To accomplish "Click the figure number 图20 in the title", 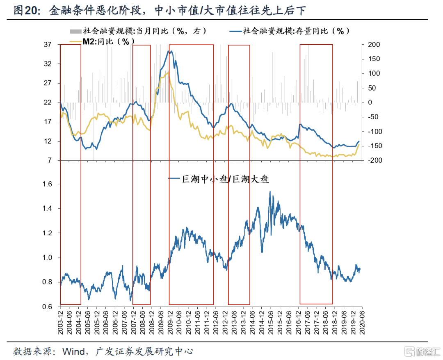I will click(25, 11).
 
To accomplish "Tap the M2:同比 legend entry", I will click(105, 40).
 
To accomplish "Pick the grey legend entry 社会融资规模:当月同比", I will click(139, 31).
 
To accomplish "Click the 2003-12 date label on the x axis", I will click(60, 323).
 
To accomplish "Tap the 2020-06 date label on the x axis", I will click(362, 323).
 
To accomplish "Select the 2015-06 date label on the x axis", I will click(270, 323).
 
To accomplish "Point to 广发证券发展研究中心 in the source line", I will click(144, 351).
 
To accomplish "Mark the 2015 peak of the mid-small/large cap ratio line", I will click(270, 191).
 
